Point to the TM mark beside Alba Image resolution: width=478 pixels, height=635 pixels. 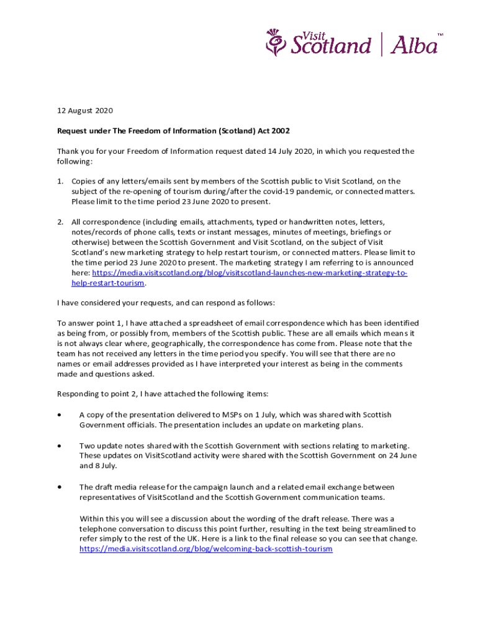pos(440,35)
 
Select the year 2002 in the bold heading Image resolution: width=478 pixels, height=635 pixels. pos(279,131)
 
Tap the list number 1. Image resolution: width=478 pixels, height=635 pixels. pos(60,182)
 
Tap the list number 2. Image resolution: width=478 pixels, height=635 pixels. pos(60,222)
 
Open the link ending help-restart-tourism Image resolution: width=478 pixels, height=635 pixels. pos(108,283)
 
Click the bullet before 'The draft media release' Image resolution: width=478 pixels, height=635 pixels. pos(59,487)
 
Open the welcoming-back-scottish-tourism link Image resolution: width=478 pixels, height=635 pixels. pos(206,549)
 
